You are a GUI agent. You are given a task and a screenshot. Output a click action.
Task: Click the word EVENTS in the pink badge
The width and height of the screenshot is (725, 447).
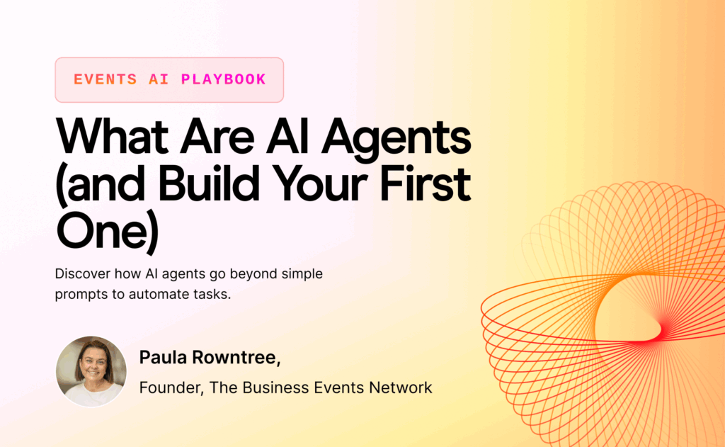[x=105, y=79]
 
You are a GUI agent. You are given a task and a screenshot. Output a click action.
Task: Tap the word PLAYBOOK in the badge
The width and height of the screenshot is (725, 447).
[x=224, y=79]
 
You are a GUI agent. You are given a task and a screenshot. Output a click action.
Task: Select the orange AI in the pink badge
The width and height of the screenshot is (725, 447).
[x=159, y=79]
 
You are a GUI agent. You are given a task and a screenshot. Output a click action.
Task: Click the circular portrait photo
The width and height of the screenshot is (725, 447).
[x=91, y=371]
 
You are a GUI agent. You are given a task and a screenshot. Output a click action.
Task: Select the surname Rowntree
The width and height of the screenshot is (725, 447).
[x=236, y=358]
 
